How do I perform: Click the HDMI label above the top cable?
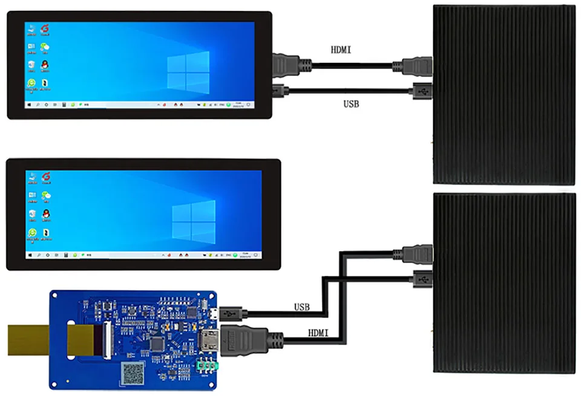pyautogui.click(x=341, y=50)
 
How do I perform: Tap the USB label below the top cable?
pyautogui.click(x=351, y=104)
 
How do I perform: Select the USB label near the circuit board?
pyautogui.click(x=301, y=307)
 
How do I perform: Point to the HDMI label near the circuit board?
pyautogui.click(x=318, y=333)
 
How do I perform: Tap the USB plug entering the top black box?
pyautogui.click(x=420, y=91)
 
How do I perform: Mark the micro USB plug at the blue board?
pyautogui.click(x=231, y=314)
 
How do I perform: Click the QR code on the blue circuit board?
pyautogui.click(x=133, y=372)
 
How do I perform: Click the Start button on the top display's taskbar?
pyautogui.click(x=28, y=105)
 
